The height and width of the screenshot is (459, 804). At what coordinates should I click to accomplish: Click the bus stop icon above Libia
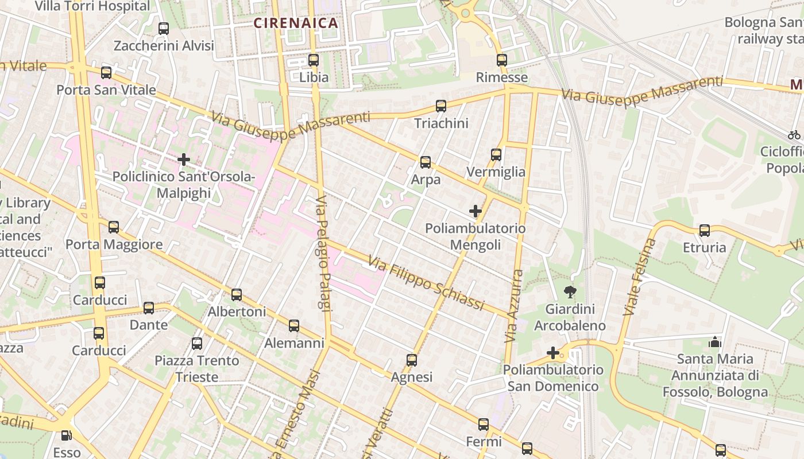tap(313, 60)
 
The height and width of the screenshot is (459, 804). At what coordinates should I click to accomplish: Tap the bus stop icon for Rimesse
tap(502, 60)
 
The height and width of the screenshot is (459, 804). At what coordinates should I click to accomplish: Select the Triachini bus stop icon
tap(440, 106)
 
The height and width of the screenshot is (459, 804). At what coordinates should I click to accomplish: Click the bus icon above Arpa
tap(426, 162)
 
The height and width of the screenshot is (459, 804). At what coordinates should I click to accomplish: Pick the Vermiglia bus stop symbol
tap(496, 155)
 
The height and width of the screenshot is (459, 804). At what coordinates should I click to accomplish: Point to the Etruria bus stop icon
tap(705, 231)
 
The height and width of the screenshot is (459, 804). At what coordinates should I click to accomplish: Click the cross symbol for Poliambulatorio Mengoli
tap(476, 211)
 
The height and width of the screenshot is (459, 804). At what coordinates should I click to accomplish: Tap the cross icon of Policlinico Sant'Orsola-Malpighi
tap(184, 159)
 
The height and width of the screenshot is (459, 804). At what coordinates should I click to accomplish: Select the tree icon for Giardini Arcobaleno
tap(570, 292)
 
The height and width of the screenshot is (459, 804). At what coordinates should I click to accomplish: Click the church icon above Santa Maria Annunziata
tap(715, 342)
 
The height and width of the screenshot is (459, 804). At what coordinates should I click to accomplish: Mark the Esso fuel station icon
tap(67, 436)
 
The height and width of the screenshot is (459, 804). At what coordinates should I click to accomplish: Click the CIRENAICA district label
tap(296, 24)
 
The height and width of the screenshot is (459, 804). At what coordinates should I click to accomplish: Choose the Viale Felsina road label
tap(639, 277)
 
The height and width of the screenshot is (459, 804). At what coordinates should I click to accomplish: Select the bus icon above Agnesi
tap(412, 360)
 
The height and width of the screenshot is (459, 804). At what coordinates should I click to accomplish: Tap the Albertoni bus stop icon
tap(237, 295)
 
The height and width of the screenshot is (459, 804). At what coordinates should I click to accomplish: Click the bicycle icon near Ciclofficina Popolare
tap(794, 135)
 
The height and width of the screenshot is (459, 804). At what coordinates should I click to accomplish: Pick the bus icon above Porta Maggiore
tap(114, 227)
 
